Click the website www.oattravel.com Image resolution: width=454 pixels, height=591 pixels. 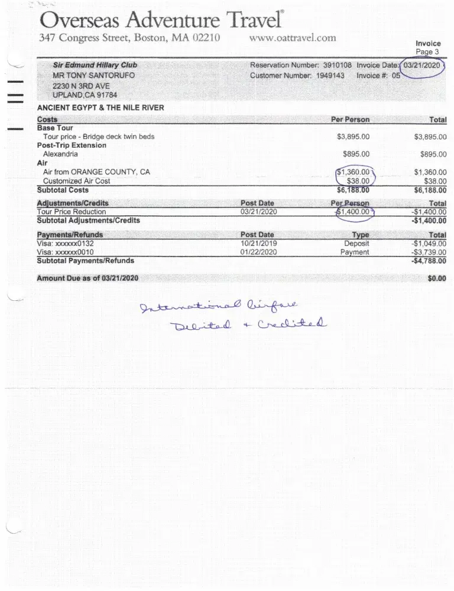[x=293, y=38]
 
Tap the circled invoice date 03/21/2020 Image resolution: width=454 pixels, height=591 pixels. [x=421, y=65]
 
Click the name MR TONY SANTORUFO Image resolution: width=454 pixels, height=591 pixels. [x=93, y=76]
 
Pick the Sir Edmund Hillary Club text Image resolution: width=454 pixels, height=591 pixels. [x=95, y=65]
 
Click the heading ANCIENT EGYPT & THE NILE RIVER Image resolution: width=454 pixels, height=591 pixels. [x=100, y=108]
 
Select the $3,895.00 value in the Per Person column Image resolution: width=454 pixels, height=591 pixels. [x=353, y=137]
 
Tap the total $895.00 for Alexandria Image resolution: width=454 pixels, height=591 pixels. [x=433, y=154]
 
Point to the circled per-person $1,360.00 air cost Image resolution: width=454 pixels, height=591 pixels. [x=354, y=172]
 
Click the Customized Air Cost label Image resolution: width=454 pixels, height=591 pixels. [x=76, y=181]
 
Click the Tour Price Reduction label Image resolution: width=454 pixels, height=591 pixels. [x=72, y=212]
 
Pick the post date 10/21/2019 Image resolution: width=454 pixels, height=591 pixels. [x=259, y=243]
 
